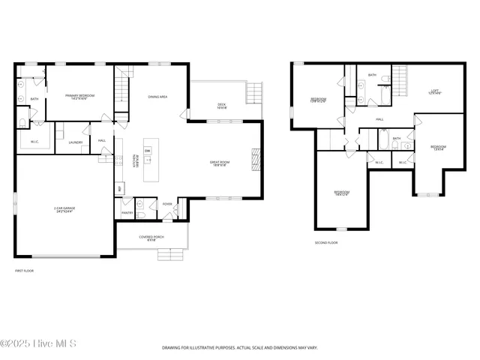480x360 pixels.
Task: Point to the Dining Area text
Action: click(157, 97)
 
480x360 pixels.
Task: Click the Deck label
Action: click(221, 106)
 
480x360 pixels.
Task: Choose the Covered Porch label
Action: click(151, 239)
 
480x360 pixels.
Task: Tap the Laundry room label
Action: click(75, 142)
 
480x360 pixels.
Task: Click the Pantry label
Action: click(127, 213)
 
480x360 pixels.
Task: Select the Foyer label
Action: click(166, 204)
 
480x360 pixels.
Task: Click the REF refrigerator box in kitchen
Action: click(118, 188)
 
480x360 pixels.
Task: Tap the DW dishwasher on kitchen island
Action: click(147, 151)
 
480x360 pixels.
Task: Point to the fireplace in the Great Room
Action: click(255, 160)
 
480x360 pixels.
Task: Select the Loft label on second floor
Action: click(434, 91)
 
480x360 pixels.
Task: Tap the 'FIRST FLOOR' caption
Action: click(25, 271)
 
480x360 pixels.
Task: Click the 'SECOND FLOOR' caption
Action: click(326, 243)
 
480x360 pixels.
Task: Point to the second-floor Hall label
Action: click(379, 119)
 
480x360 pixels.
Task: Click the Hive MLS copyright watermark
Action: click(39, 344)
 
